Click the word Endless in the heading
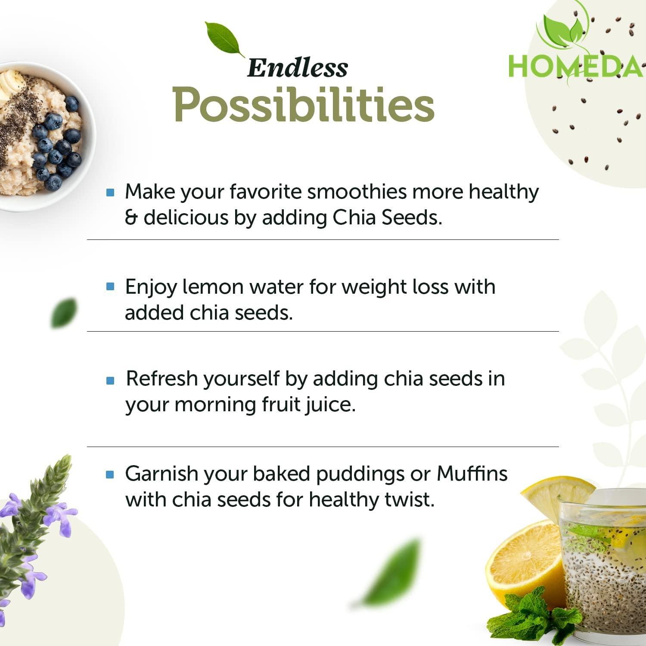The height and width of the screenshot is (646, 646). [x=297, y=68]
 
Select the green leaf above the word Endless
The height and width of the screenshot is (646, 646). [x=224, y=39]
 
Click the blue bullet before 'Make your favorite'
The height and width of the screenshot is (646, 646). [x=110, y=192]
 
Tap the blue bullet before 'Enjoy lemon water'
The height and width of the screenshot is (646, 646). [x=110, y=286]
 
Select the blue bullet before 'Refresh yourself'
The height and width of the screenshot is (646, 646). [x=110, y=380]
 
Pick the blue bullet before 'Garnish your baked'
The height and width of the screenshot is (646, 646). [x=110, y=475]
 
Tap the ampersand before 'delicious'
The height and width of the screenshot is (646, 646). [x=130, y=218]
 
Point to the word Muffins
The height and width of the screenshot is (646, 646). [x=472, y=474]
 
